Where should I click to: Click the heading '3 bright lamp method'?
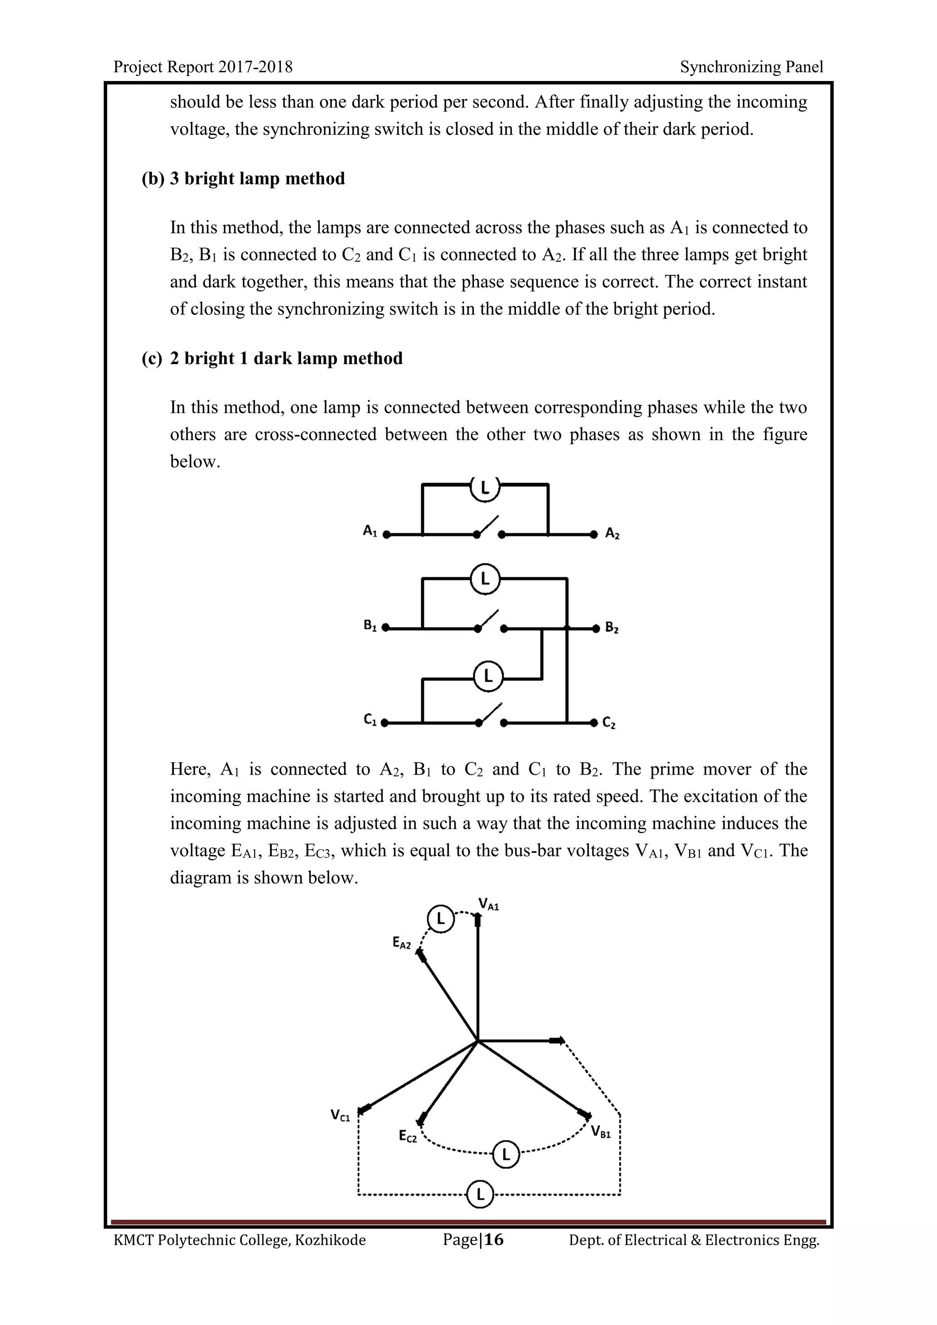coord(257,178)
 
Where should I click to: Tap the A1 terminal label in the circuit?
coord(370,531)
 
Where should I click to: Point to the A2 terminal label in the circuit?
coord(612,534)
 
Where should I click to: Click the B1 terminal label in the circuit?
coord(370,625)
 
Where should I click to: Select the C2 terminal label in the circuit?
coord(609,722)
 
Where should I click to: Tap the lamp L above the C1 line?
coord(488,676)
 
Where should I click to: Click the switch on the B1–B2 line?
coord(489,620)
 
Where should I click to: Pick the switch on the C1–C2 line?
coord(489,715)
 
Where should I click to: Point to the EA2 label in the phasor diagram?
coord(402,943)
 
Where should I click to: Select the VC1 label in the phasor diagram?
coord(340,1115)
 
